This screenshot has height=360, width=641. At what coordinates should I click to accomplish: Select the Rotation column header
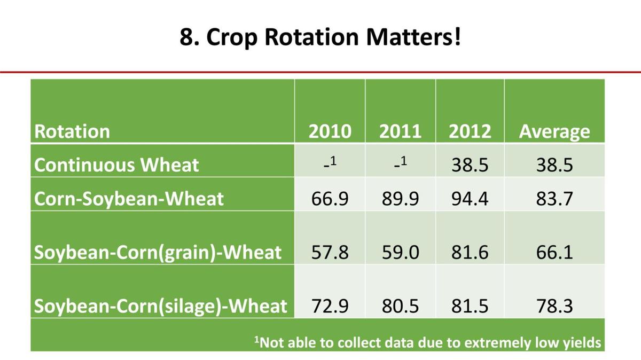click(72, 131)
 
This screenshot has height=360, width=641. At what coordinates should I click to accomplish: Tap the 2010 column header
click(330, 131)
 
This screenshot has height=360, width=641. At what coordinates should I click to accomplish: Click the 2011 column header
click(400, 131)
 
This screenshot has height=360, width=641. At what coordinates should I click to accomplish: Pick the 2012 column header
click(470, 131)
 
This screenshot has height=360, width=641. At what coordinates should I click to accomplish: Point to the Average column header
click(554, 131)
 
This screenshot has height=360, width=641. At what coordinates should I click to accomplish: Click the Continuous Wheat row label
click(116, 165)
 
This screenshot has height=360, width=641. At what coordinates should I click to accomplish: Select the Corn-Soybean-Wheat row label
click(129, 199)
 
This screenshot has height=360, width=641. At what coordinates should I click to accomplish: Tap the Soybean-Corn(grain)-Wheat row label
click(158, 252)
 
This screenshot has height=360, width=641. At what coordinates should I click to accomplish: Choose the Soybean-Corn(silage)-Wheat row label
click(160, 306)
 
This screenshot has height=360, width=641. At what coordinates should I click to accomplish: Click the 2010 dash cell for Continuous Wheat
click(330, 163)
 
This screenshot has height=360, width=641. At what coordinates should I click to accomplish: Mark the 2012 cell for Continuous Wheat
click(470, 165)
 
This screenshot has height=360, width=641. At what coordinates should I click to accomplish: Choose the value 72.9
click(330, 306)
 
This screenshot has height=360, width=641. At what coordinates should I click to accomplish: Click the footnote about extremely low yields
click(427, 342)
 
